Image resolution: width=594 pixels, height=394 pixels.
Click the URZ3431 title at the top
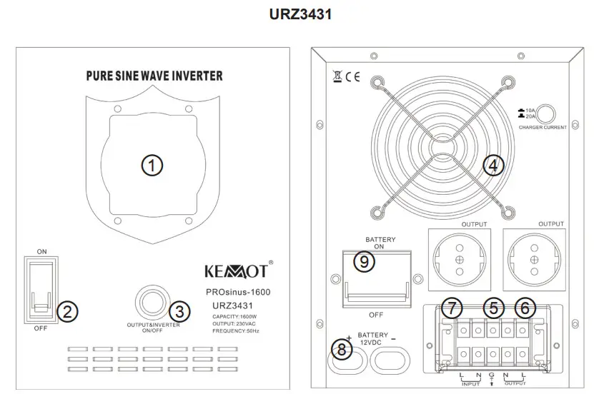[x=297, y=14]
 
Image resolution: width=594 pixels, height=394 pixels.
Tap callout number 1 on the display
[x=152, y=166]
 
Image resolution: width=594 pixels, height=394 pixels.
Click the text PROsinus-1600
[x=237, y=292]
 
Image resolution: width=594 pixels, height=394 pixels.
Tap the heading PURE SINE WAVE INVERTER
[x=154, y=75]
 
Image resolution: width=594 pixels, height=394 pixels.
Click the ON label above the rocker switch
[x=41, y=251]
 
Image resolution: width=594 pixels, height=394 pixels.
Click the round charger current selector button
[x=548, y=113]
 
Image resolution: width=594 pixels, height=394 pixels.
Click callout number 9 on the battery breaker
[x=364, y=262]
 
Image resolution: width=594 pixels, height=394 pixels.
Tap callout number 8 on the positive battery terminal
[x=344, y=350]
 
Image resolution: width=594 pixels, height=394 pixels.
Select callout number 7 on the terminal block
[x=452, y=309]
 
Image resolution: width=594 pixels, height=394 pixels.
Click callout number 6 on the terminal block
[x=525, y=309]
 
